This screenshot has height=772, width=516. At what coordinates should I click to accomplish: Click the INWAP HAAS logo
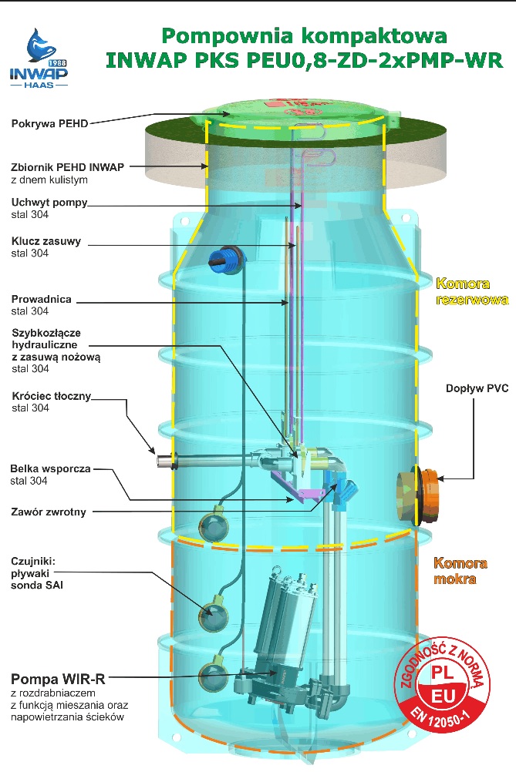[x=39, y=58]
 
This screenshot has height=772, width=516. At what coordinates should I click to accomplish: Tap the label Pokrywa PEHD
[x=46, y=123]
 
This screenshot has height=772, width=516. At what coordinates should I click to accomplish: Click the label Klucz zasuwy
[x=46, y=241]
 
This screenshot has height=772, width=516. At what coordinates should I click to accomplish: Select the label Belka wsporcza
[x=50, y=468]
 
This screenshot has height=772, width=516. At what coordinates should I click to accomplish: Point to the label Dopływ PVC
[x=477, y=389]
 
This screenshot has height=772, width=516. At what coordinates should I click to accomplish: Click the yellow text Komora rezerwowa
[x=471, y=291]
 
